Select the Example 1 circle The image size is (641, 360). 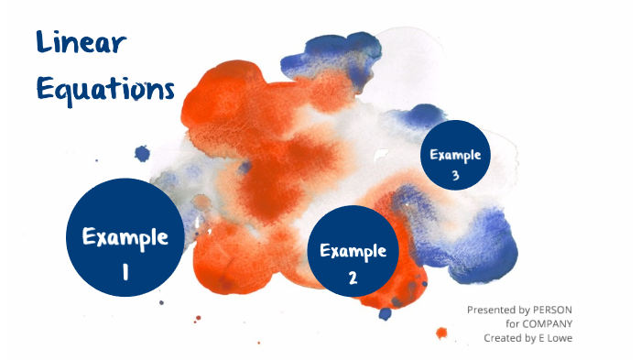coord(125,236)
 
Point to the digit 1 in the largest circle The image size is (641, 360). coord(125,270)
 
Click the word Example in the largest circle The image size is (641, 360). coord(125,236)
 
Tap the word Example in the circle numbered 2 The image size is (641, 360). coord(353,250)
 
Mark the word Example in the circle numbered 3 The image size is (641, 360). coord(455,154)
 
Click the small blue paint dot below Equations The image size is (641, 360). coord(142,153)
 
